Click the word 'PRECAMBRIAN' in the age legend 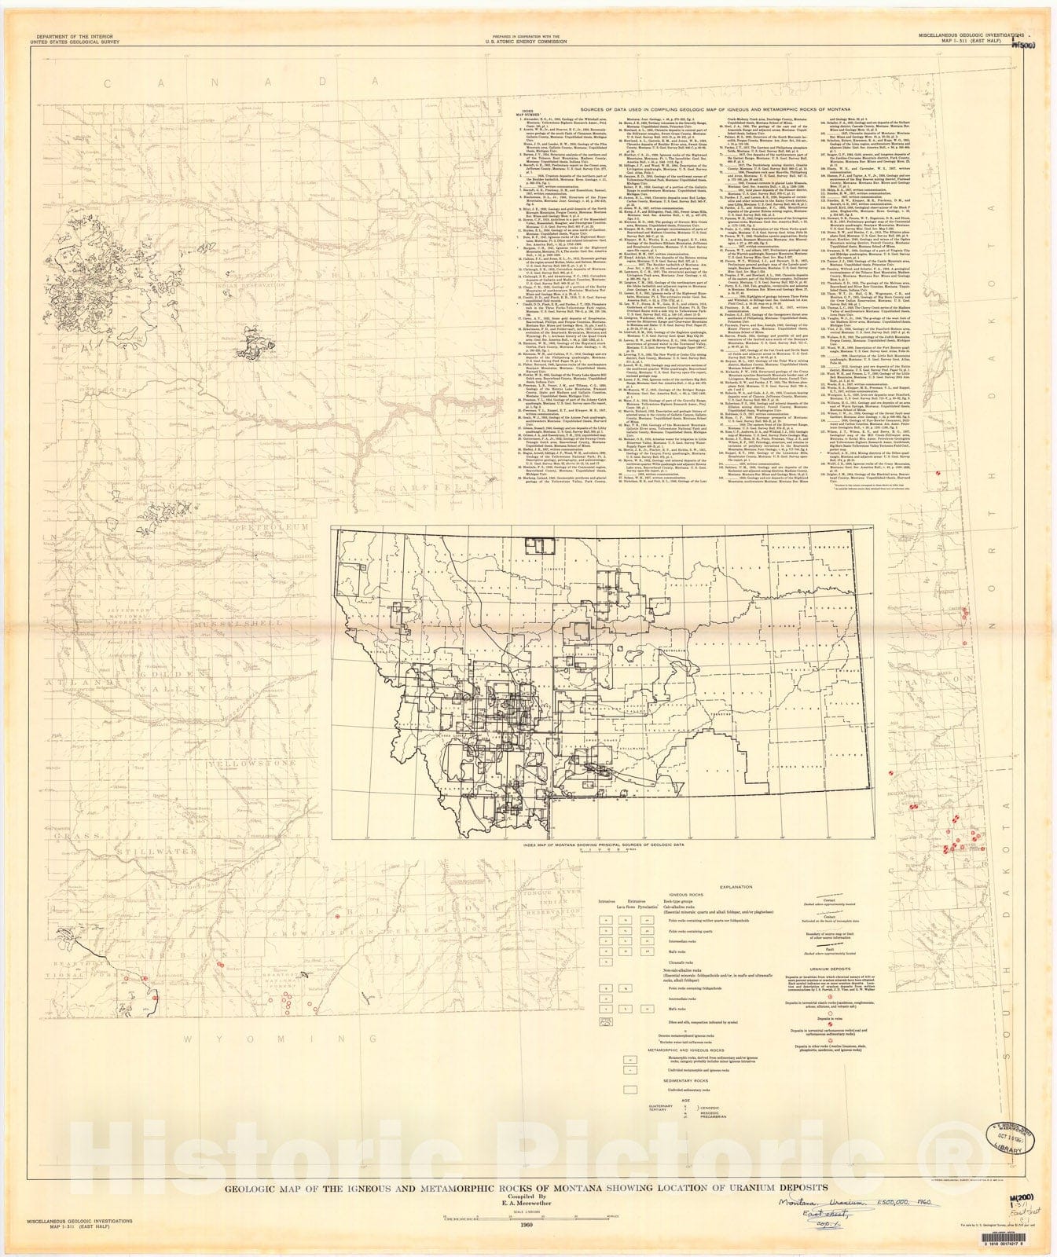[x=692, y=1125]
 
